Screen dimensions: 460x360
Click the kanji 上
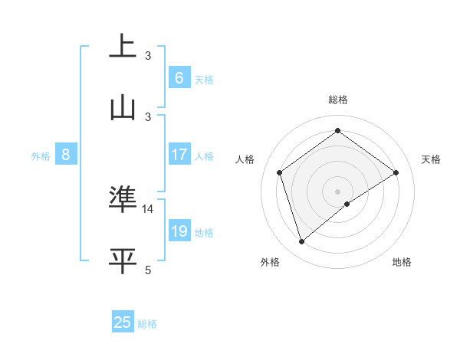pos(122,47)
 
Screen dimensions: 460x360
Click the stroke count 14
pos(148,208)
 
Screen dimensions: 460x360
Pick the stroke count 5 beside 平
pos(148,270)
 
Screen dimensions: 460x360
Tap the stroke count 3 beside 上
pos(148,55)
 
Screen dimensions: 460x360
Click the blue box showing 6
pos(179,77)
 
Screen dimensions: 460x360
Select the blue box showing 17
pos(179,155)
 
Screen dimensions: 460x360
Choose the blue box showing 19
pos(179,231)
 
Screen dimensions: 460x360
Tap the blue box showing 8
pos(66,155)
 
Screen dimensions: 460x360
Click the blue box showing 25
pos(123,322)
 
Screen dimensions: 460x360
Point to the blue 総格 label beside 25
pos(147,324)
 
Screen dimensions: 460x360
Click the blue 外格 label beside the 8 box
pos(41,156)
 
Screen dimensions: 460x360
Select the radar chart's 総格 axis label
pos(338,100)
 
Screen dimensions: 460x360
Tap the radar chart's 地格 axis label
pos(402,263)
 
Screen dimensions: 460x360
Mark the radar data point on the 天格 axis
pos(396,172)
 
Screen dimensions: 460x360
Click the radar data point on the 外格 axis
pos(302,242)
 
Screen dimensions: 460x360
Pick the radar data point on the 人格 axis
pos(280,172)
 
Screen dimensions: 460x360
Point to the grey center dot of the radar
pos(338,191)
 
